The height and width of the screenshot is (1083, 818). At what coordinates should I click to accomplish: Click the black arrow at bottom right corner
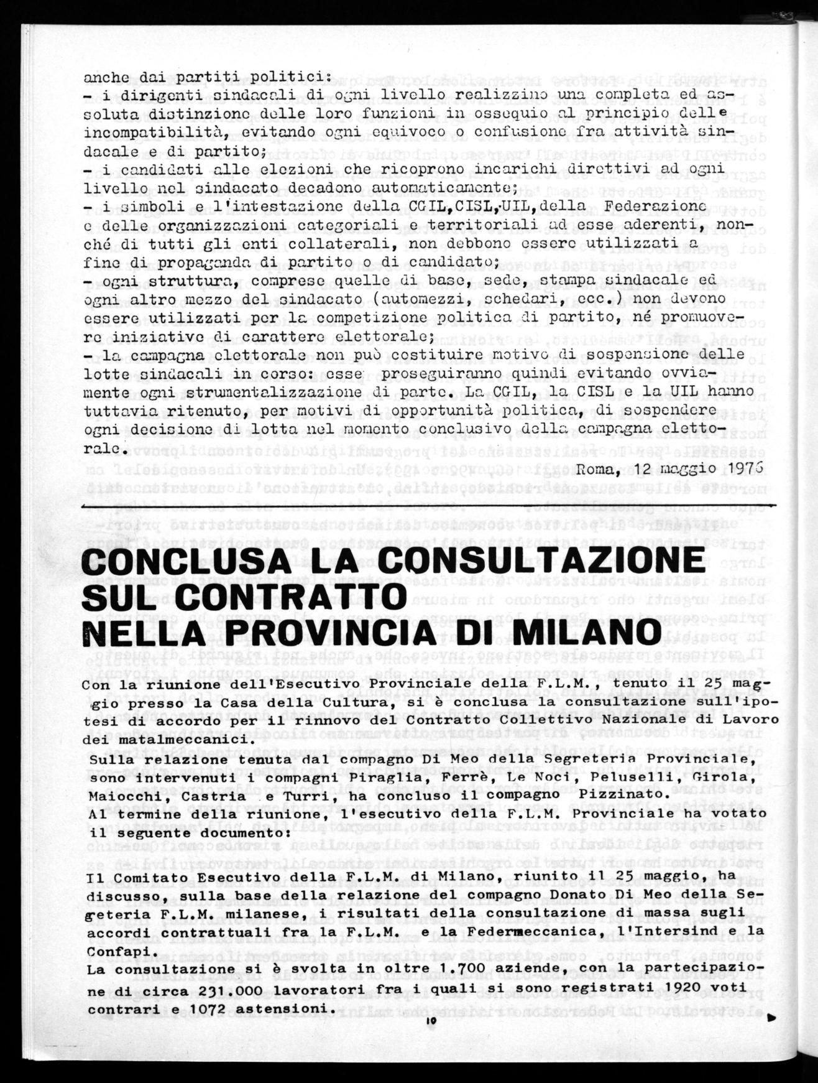[x=772, y=1018]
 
